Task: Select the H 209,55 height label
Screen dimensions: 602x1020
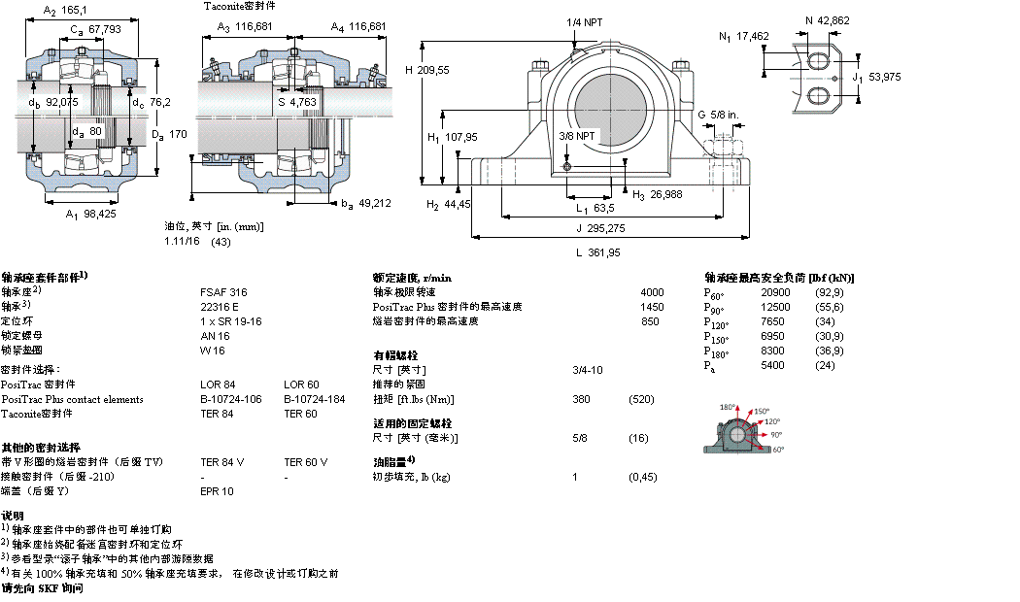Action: tap(426, 70)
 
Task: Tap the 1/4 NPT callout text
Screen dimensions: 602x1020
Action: tap(583, 22)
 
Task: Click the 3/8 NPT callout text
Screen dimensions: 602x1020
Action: tap(577, 136)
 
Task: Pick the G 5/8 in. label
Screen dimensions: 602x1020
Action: tap(718, 115)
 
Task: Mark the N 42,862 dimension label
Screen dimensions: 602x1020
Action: tap(827, 19)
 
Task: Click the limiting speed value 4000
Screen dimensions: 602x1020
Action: tap(652, 292)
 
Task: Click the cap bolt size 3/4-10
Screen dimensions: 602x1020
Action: tap(587, 370)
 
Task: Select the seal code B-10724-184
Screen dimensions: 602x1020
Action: tap(312, 399)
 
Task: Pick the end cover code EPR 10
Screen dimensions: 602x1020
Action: tap(217, 491)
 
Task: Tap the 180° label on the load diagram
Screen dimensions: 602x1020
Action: tap(728, 407)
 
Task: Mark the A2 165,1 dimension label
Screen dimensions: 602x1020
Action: tap(66, 11)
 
